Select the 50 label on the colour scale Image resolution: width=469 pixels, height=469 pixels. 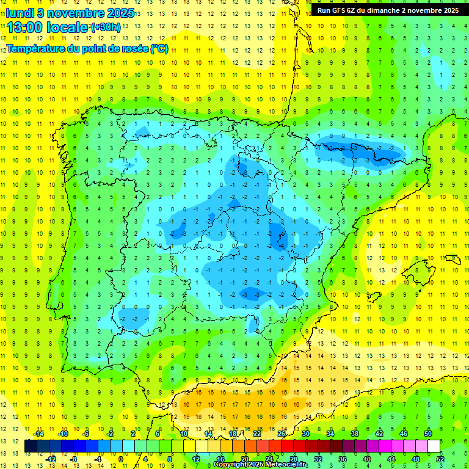[428, 434]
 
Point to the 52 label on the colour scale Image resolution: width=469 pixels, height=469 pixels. [440, 459]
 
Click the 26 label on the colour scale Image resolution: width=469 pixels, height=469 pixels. [282, 434]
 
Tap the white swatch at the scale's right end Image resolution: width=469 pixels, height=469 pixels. [434, 446]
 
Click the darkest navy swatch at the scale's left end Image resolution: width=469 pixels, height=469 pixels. [31, 446]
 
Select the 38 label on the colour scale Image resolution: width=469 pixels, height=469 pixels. [355, 434]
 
